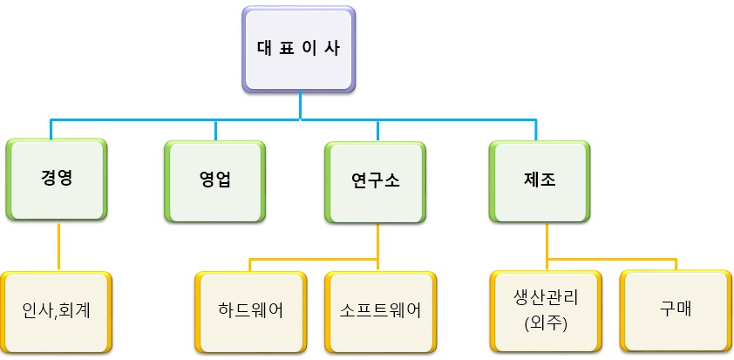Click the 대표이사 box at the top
pos(299,49)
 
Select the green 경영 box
pos(57,180)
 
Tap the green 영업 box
pos(215,180)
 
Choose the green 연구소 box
pos(377,180)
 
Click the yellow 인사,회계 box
pos(58,310)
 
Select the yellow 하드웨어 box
pos(252,310)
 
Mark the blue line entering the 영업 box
pos(215,129)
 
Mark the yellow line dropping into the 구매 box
pos(676,264)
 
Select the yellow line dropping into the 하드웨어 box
pos(250,265)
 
